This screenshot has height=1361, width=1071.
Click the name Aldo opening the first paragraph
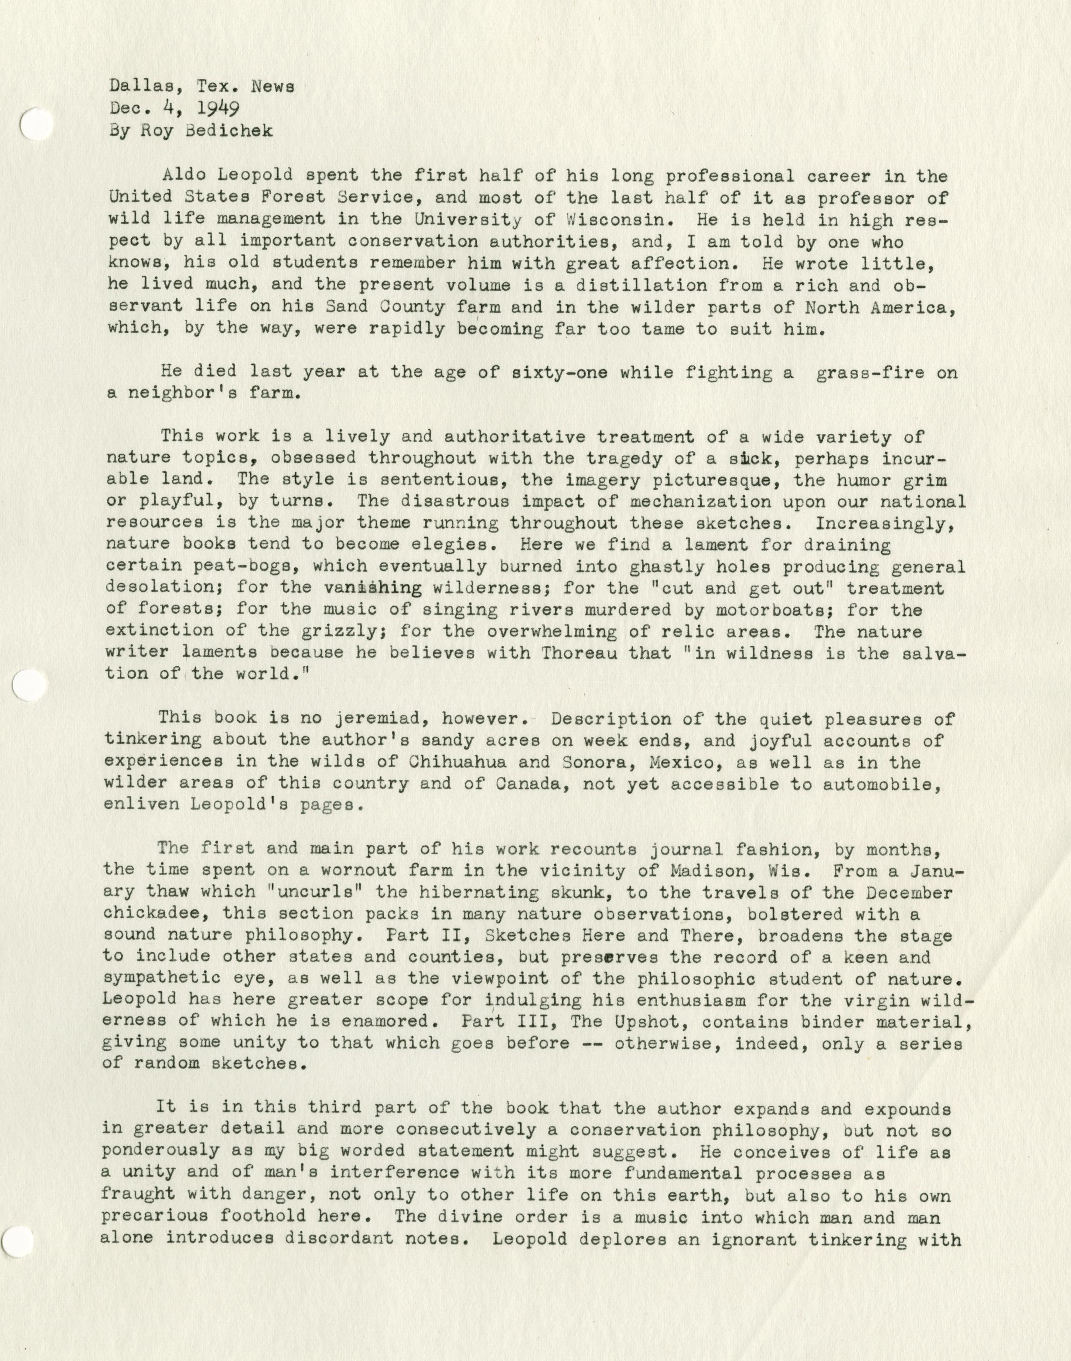point(182,176)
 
